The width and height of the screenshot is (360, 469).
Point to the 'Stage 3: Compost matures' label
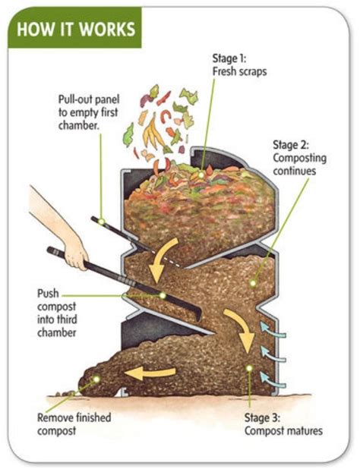tap(283, 424)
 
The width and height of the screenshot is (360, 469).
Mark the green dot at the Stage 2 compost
tap(252, 282)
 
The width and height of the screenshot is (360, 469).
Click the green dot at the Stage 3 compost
tap(248, 368)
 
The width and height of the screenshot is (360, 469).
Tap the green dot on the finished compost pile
tap(96, 377)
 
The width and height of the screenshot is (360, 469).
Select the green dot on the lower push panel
tap(162, 294)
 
